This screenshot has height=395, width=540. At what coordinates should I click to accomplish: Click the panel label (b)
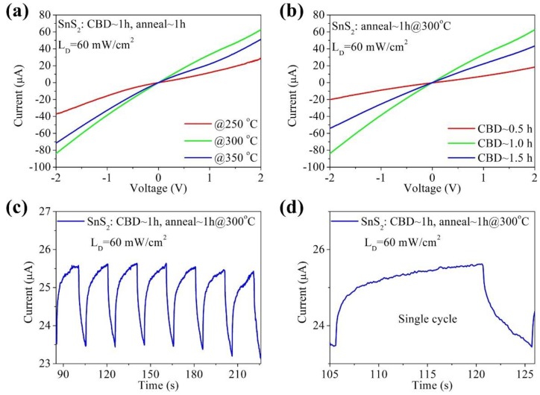(x=292, y=10)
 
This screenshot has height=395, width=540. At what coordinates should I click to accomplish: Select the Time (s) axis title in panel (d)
(x=433, y=385)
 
